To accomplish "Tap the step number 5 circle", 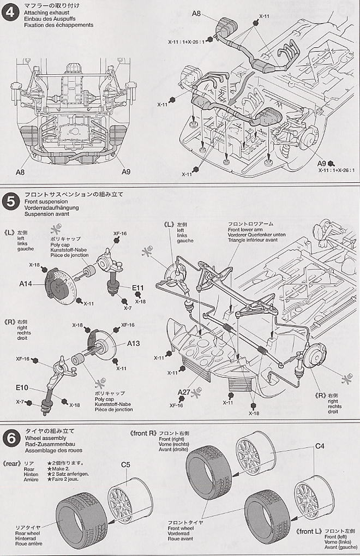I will tap(9, 201).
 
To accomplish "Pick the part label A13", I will tap(134, 343).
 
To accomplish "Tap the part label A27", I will tap(184, 392).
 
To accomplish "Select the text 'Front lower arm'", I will tap(244, 231).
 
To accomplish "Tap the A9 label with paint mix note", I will tap(320, 163).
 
